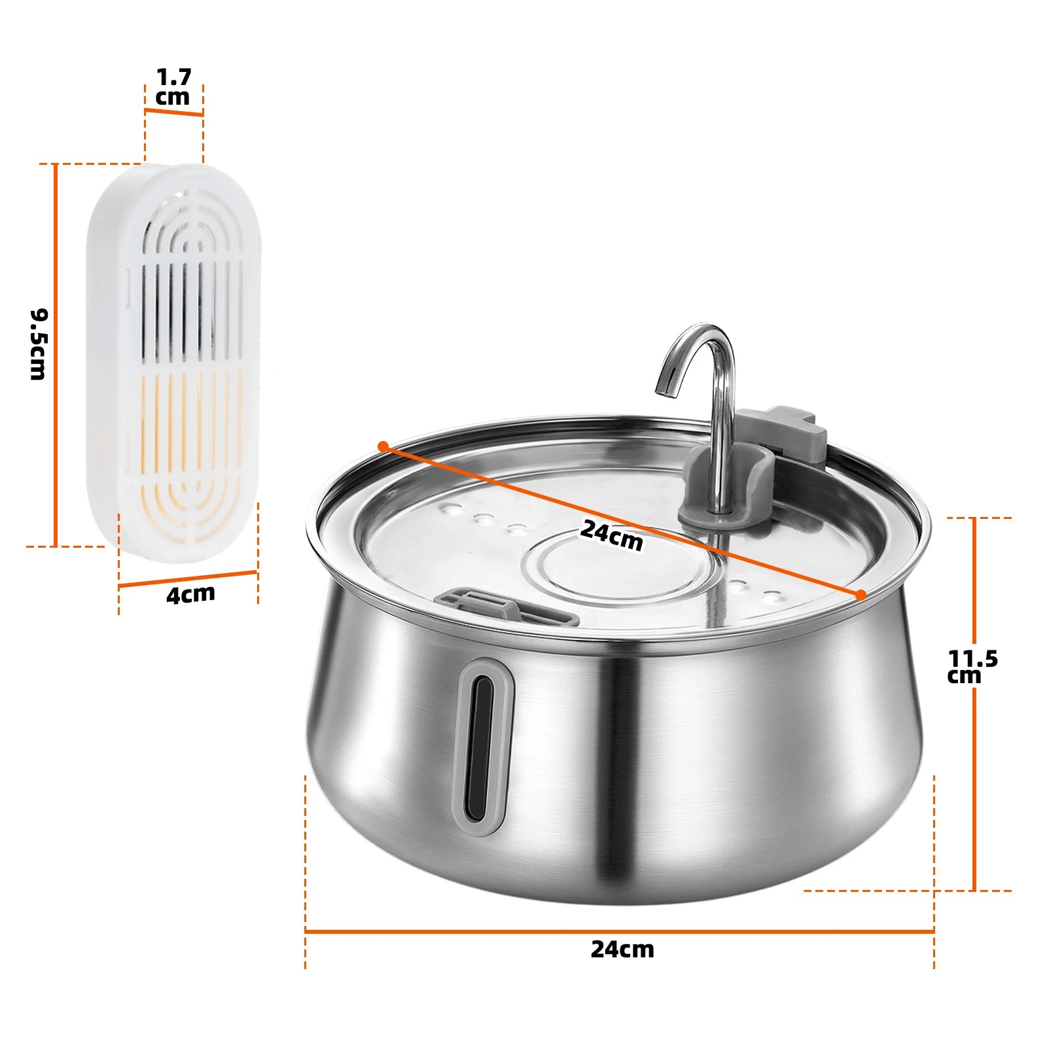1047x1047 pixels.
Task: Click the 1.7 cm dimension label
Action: point(173,87)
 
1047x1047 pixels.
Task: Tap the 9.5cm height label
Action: point(39,344)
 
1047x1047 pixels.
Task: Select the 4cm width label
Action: point(190,595)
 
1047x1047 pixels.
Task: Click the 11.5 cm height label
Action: point(972,666)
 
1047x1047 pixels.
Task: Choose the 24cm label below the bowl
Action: point(622,949)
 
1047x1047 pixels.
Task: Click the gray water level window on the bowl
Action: point(484,746)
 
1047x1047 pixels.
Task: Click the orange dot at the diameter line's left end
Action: point(383,446)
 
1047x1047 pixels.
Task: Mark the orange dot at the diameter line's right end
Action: point(861,594)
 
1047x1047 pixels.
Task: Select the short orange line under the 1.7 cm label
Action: point(174,113)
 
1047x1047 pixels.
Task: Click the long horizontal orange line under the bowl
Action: point(619,931)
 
